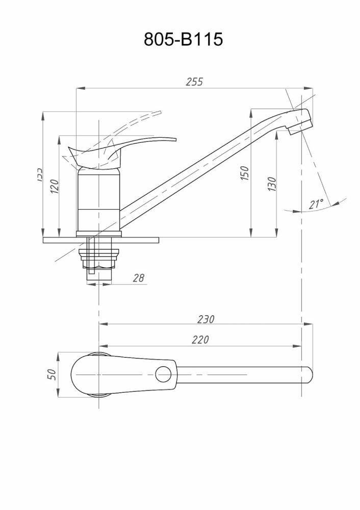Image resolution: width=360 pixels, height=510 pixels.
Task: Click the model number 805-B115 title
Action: point(184,39)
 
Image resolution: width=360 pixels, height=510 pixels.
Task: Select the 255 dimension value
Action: point(194,82)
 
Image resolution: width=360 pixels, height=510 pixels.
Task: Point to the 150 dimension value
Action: point(246,173)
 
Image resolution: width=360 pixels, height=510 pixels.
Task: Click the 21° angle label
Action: point(316,205)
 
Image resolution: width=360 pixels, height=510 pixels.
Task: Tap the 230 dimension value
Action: point(207,319)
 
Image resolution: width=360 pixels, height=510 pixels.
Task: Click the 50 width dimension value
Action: point(51,375)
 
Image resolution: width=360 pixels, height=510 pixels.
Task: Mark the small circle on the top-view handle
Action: point(164,374)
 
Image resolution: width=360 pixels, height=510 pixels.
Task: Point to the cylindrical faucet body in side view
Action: point(98,201)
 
